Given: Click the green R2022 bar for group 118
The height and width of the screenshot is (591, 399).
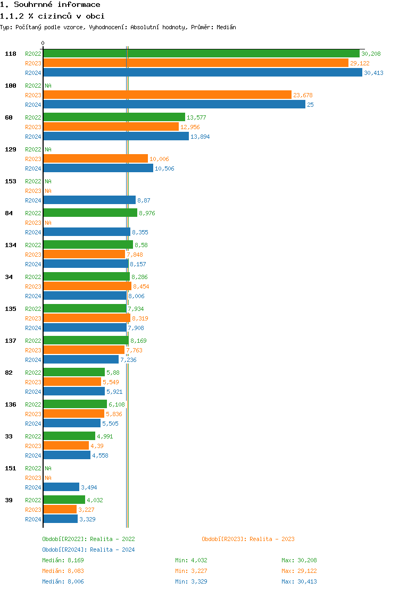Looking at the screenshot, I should click(x=201, y=53).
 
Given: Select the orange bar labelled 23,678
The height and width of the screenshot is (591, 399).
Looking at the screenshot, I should click(x=167, y=95).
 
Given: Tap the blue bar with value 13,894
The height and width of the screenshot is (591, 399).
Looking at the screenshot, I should click(x=115, y=136).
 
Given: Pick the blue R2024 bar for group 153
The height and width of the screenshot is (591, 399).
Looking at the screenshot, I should click(x=89, y=200).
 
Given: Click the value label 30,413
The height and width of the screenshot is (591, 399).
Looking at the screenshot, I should click(x=373, y=73).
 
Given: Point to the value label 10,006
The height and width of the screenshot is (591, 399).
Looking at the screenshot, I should click(x=159, y=159).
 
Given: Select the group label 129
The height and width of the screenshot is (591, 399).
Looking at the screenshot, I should click(x=11, y=149).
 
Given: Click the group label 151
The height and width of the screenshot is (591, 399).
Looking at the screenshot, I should click(x=11, y=468).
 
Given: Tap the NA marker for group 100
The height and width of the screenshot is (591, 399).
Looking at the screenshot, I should click(x=48, y=86).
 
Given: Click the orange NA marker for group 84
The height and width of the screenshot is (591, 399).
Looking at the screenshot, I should click(x=48, y=223).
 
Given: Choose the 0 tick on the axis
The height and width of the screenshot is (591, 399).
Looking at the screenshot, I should click(x=43, y=44).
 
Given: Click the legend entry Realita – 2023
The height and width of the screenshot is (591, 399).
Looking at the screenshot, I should click(x=248, y=539).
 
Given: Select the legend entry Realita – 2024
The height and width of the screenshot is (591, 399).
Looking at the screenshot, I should click(x=88, y=550).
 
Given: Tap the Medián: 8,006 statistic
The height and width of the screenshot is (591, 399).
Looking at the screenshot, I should click(x=63, y=581).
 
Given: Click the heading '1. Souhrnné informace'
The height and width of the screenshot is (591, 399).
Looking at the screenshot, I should click(x=50, y=5).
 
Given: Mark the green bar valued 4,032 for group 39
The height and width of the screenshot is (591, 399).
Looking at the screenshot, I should click(x=64, y=500).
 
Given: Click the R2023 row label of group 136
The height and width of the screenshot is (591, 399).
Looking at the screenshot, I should click(x=33, y=414).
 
